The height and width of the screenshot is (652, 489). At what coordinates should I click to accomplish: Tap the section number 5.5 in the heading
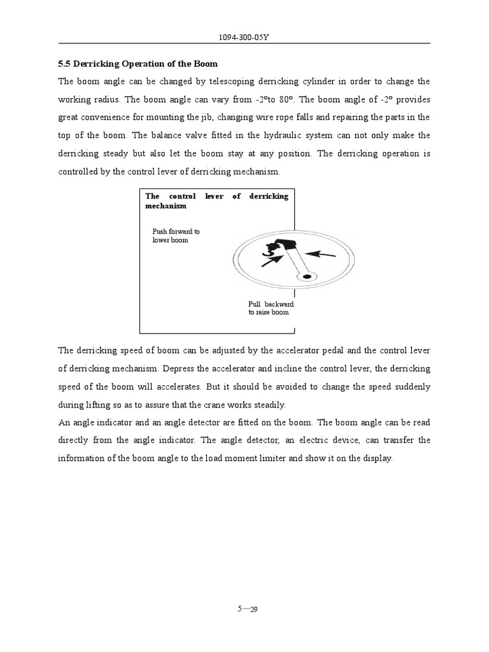click(x=64, y=64)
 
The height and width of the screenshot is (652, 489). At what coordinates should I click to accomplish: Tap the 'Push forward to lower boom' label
click(x=176, y=236)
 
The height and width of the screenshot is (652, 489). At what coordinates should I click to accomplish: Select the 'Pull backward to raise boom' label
click(x=271, y=309)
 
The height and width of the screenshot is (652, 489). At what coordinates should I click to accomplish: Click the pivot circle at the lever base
click(x=308, y=277)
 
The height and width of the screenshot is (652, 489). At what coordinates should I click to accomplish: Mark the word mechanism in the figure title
click(x=166, y=206)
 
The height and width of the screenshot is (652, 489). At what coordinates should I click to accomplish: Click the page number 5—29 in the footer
click(x=247, y=609)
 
